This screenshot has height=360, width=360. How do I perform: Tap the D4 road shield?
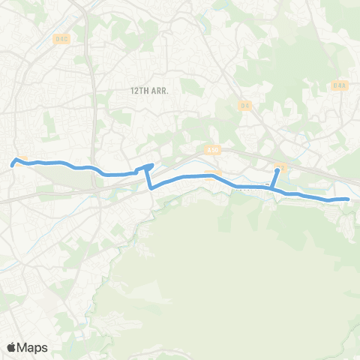click(245, 105)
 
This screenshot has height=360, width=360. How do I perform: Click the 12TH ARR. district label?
click(148, 90)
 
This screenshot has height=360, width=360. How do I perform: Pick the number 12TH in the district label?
click(138, 90)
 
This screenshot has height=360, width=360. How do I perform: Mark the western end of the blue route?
click(13, 162)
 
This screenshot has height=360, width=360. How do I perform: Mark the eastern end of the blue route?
click(348, 199)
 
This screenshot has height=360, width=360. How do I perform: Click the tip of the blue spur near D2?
click(277, 170)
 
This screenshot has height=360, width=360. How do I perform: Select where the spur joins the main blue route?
click(272, 187)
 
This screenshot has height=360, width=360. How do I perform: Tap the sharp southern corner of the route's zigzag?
click(151, 188)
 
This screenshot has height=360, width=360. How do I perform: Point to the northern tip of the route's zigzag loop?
click(152, 165)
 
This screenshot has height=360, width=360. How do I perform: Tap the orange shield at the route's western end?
click(22, 159)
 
